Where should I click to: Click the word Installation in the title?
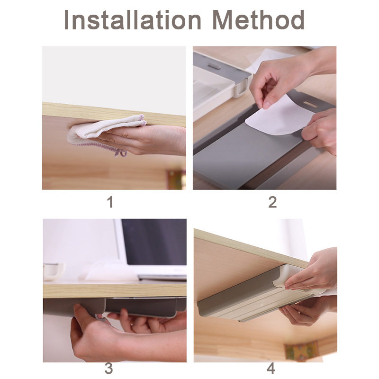coord(133,20)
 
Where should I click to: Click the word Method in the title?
coord(259,20)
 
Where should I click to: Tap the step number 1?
coord(110,202)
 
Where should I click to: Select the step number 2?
coord(272,202)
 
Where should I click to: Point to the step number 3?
coord(109,369)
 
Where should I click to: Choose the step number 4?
coord(271,369)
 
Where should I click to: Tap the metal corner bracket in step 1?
coord(176,180)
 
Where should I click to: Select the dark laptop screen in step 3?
coord(154,242)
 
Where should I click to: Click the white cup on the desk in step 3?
coord(54,271)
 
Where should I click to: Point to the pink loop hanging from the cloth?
coord(120,153)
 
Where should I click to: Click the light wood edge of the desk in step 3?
coord(115,290)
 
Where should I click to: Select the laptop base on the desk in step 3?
coord(162,276)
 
